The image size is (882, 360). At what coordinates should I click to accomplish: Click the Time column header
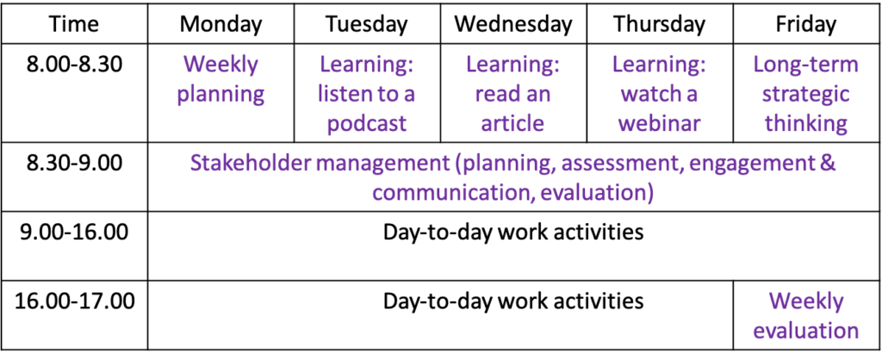pyautogui.click(x=74, y=24)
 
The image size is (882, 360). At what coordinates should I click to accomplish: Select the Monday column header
pyautogui.click(x=220, y=24)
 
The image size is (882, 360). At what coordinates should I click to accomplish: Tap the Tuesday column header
pyautogui.click(x=366, y=24)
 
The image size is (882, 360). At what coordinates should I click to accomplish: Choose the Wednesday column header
pyautogui.click(x=512, y=24)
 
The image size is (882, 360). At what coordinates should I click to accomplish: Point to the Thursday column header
pyautogui.click(x=658, y=24)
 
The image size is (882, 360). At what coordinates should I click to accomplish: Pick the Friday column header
pyautogui.click(x=805, y=24)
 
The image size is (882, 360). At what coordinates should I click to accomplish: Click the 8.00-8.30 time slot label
pyautogui.click(x=74, y=65)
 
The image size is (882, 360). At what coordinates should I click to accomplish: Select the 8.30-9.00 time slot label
pyautogui.click(x=74, y=163)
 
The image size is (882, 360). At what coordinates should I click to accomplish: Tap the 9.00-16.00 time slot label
pyautogui.click(x=74, y=232)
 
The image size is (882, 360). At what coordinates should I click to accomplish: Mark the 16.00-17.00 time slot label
pyautogui.click(x=74, y=301)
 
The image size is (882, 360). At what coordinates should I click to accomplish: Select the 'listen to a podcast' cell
pyautogui.click(x=366, y=94)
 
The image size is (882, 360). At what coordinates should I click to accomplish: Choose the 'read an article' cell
pyautogui.click(x=512, y=94)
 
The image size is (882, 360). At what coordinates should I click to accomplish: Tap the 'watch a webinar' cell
pyautogui.click(x=658, y=94)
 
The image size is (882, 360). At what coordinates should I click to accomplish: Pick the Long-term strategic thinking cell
pyautogui.click(x=805, y=94)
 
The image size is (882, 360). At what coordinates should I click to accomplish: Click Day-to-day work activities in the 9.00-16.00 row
pyautogui.click(x=513, y=232)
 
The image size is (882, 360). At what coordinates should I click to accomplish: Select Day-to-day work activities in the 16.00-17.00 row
pyautogui.click(x=513, y=301)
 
